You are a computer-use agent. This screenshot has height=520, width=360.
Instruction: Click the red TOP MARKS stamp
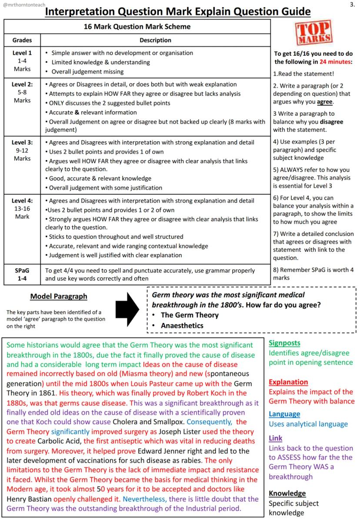tap(314, 33)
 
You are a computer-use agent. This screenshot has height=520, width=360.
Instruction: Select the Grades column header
tap(22, 40)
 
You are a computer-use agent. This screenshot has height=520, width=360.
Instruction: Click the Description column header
tap(155, 40)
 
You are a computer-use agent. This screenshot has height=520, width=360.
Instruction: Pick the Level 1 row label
tap(22, 53)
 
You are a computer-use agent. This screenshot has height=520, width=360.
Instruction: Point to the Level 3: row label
tap(22, 142)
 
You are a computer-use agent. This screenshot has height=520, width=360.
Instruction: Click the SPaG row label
tap(22, 270)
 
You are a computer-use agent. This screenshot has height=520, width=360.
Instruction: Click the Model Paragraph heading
tap(59, 297)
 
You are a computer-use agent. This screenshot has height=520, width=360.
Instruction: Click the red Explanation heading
tap(288, 382)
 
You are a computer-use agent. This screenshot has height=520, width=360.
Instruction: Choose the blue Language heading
tap(284, 414)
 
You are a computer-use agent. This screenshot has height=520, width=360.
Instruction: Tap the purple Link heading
tap(275, 438)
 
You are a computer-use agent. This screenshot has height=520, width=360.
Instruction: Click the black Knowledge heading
tap(287, 493)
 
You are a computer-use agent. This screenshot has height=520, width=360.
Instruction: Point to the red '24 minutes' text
tap(335, 62)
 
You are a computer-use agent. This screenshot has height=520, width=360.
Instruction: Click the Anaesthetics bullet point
tap(182, 325)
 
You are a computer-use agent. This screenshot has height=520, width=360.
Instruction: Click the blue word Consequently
tap(209, 422)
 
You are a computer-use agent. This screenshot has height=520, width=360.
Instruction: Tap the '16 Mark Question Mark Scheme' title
tap(137, 27)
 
